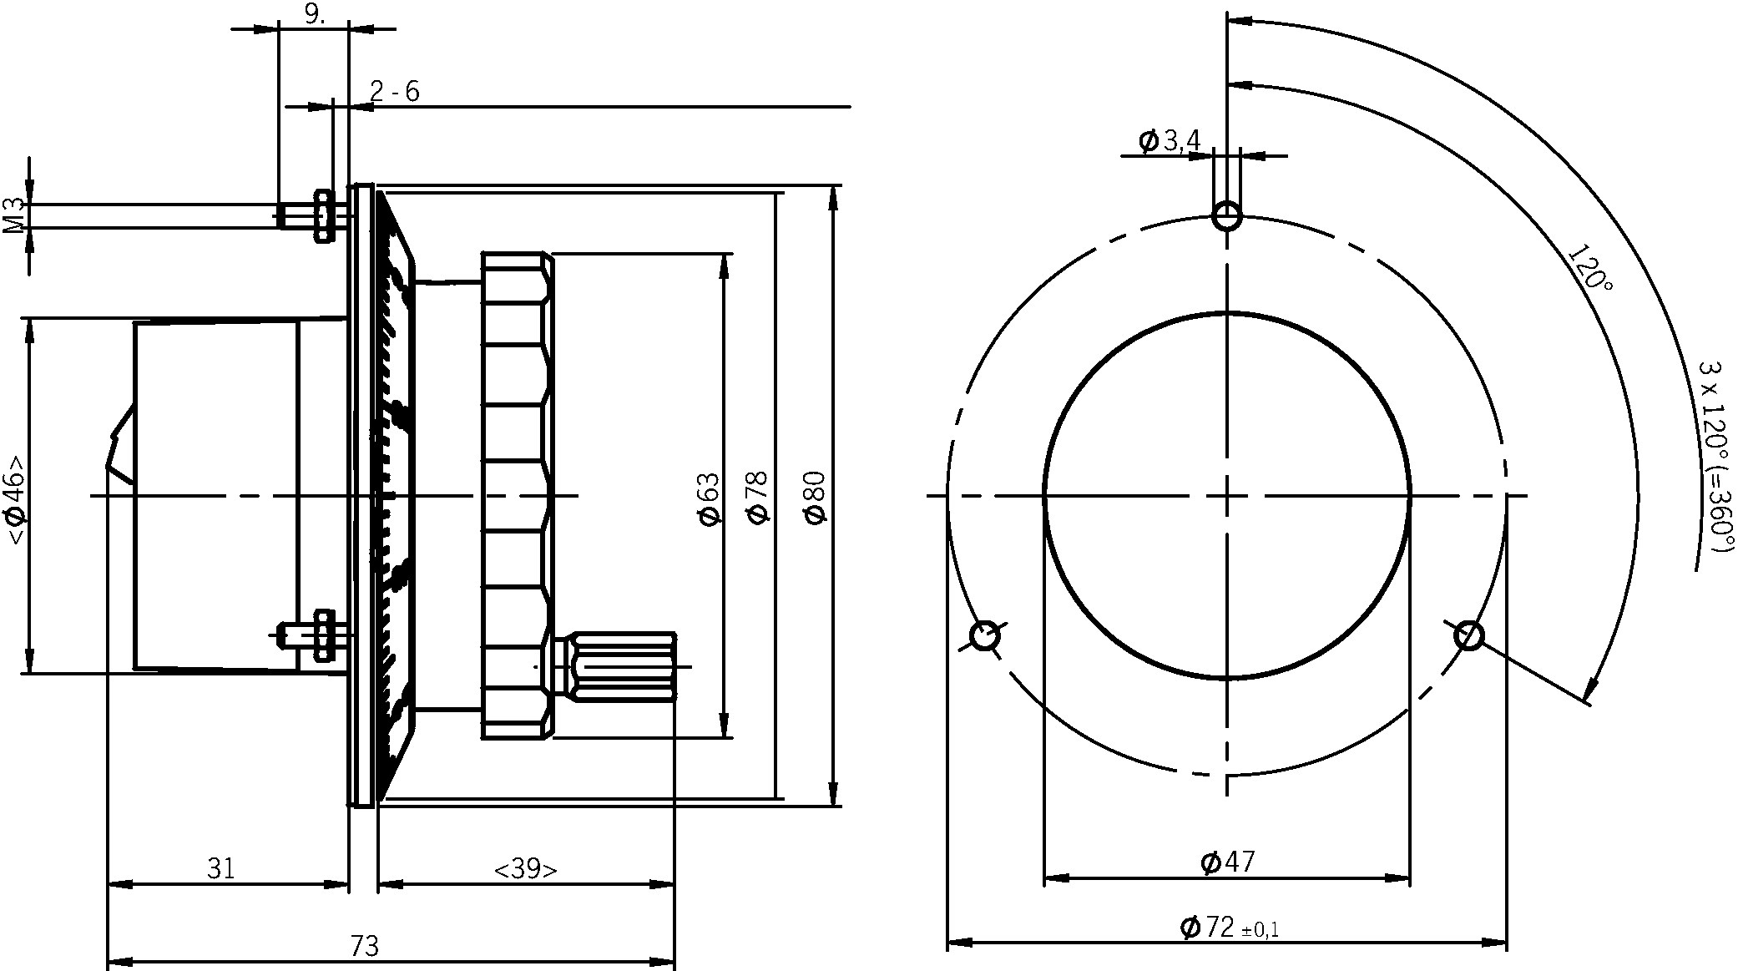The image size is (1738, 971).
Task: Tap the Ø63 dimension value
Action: pyautogui.click(x=708, y=498)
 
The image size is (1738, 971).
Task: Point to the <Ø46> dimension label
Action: pyautogui.click(x=16, y=499)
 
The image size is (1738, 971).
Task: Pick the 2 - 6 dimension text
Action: pyautogui.click(x=394, y=91)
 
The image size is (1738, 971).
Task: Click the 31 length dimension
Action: pyautogui.click(x=220, y=869)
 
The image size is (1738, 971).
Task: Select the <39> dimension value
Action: pyautogui.click(x=525, y=869)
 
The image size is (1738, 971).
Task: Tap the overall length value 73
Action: pyautogui.click(x=364, y=947)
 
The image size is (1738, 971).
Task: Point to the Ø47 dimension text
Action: pyautogui.click(x=1227, y=861)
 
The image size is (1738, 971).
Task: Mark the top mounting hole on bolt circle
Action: pyautogui.click(x=1226, y=215)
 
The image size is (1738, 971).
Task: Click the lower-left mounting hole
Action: pyautogui.click(x=984, y=636)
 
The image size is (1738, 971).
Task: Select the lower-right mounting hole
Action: pyautogui.click(x=1468, y=636)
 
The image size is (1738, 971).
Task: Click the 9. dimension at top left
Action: pyautogui.click(x=315, y=14)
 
